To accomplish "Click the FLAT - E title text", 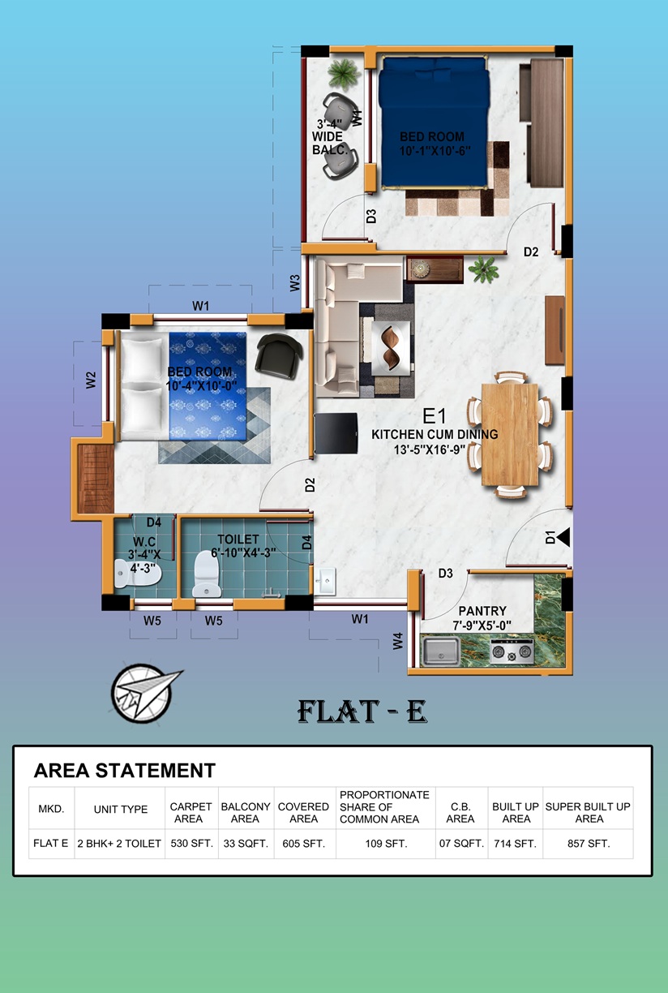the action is [x=362, y=711].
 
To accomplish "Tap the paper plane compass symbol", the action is [x=144, y=693].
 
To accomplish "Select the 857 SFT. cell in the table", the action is [x=589, y=843].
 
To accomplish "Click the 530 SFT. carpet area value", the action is [x=192, y=843].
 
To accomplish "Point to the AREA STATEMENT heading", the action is [x=125, y=771].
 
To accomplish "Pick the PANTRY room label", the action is [x=482, y=611].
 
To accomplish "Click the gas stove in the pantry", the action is [x=512, y=651].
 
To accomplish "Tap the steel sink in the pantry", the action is [x=441, y=651].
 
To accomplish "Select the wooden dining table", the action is [x=510, y=435].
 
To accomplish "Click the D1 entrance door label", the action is [x=550, y=537].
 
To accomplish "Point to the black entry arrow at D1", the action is [x=563, y=537].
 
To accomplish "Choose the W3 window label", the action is [x=295, y=283].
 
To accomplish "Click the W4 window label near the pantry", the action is [x=398, y=641].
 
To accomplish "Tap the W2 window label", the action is [x=90, y=380].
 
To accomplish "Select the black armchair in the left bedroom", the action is [x=279, y=355].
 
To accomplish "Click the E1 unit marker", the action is [x=434, y=416].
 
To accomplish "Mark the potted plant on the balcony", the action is [x=343, y=73].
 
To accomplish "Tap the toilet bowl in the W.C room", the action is [x=138, y=574].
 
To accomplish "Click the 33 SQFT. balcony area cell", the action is [x=246, y=843].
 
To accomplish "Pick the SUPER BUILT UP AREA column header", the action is [x=588, y=813].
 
